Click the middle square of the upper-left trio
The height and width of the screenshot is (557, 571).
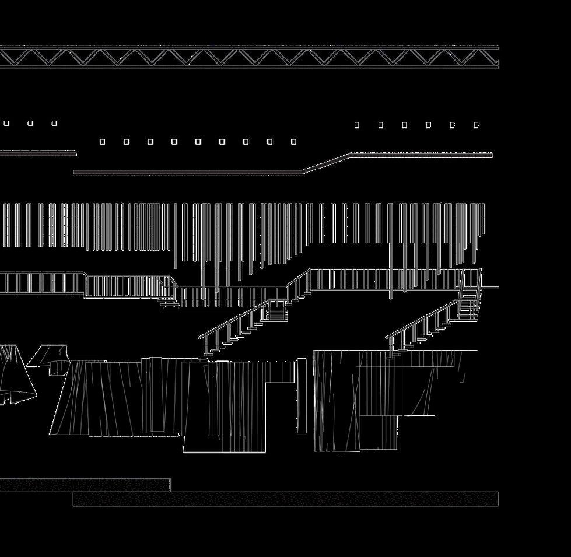pos(30,123)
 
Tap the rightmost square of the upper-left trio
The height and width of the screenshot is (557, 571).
pos(54,123)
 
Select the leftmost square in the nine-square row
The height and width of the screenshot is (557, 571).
pos(103,142)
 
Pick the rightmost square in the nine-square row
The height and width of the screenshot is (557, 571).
pos(293,142)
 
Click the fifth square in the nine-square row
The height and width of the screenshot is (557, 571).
pos(198,142)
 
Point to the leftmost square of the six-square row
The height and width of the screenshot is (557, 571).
pos(357,125)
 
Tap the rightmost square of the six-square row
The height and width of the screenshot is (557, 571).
pos(477,125)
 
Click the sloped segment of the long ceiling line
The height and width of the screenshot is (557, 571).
pos(325,163)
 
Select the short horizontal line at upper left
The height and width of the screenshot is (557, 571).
pos(38,153)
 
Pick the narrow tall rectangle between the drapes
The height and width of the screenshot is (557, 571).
pos(302,395)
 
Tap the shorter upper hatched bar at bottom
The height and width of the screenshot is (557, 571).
pos(85,485)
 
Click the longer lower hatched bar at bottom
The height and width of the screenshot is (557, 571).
pos(286,499)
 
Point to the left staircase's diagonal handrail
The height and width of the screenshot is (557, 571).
pos(233,319)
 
